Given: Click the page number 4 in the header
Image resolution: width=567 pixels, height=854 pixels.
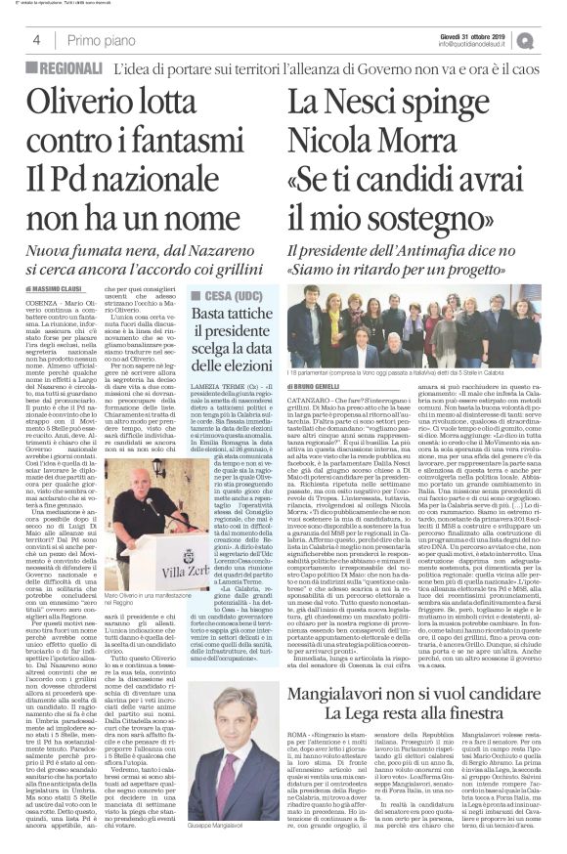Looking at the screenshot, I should pyautogui.click(x=35, y=40).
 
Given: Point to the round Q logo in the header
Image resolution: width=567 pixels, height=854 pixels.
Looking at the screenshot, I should pyautogui.click(x=553, y=39).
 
